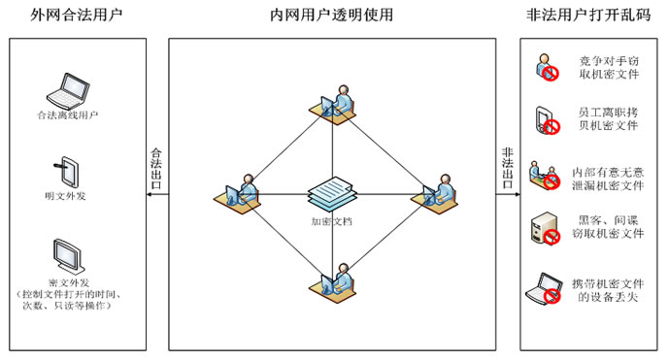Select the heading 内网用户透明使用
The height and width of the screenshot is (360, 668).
coord(333,15)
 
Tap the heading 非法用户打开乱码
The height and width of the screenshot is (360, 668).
coord(588,15)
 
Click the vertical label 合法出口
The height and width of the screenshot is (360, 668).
coord(154,170)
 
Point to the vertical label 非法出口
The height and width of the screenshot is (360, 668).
coord(507,170)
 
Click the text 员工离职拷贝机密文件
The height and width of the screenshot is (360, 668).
coord(608,119)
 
